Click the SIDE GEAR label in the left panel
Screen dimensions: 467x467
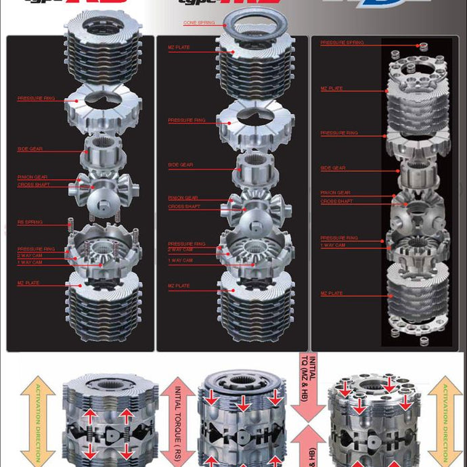point(27,149)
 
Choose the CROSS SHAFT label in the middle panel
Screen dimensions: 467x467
point(184,206)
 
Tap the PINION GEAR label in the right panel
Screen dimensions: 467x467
point(336,193)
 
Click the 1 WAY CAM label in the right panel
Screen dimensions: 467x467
point(333,245)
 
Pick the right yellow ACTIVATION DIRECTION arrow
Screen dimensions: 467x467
point(445,420)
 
